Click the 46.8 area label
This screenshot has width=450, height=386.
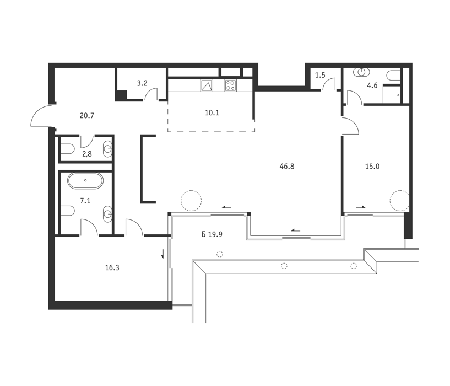click(287, 167)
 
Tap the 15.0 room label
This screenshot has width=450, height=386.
click(372, 167)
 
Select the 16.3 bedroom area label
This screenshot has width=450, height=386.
click(112, 268)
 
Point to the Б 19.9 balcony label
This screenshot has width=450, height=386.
click(212, 234)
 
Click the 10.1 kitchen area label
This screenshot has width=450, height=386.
click(212, 113)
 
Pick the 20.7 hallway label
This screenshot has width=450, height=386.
click(86, 116)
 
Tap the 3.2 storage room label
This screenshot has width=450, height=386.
click(142, 83)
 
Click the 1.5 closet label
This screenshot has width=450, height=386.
click(320, 76)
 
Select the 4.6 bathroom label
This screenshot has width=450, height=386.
click(372, 85)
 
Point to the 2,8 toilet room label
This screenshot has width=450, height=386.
click(86, 154)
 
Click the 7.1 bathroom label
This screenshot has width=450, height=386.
click(85, 201)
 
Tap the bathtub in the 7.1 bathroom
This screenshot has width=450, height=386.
click(85, 181)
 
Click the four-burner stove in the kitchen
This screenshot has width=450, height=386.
click(231, 85)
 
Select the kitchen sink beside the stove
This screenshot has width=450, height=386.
click(207, 85)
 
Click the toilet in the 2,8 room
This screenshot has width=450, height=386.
click(68, 149)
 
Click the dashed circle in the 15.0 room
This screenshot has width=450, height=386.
click(399, 201)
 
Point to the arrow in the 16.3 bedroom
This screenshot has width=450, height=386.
click(162, 253)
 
